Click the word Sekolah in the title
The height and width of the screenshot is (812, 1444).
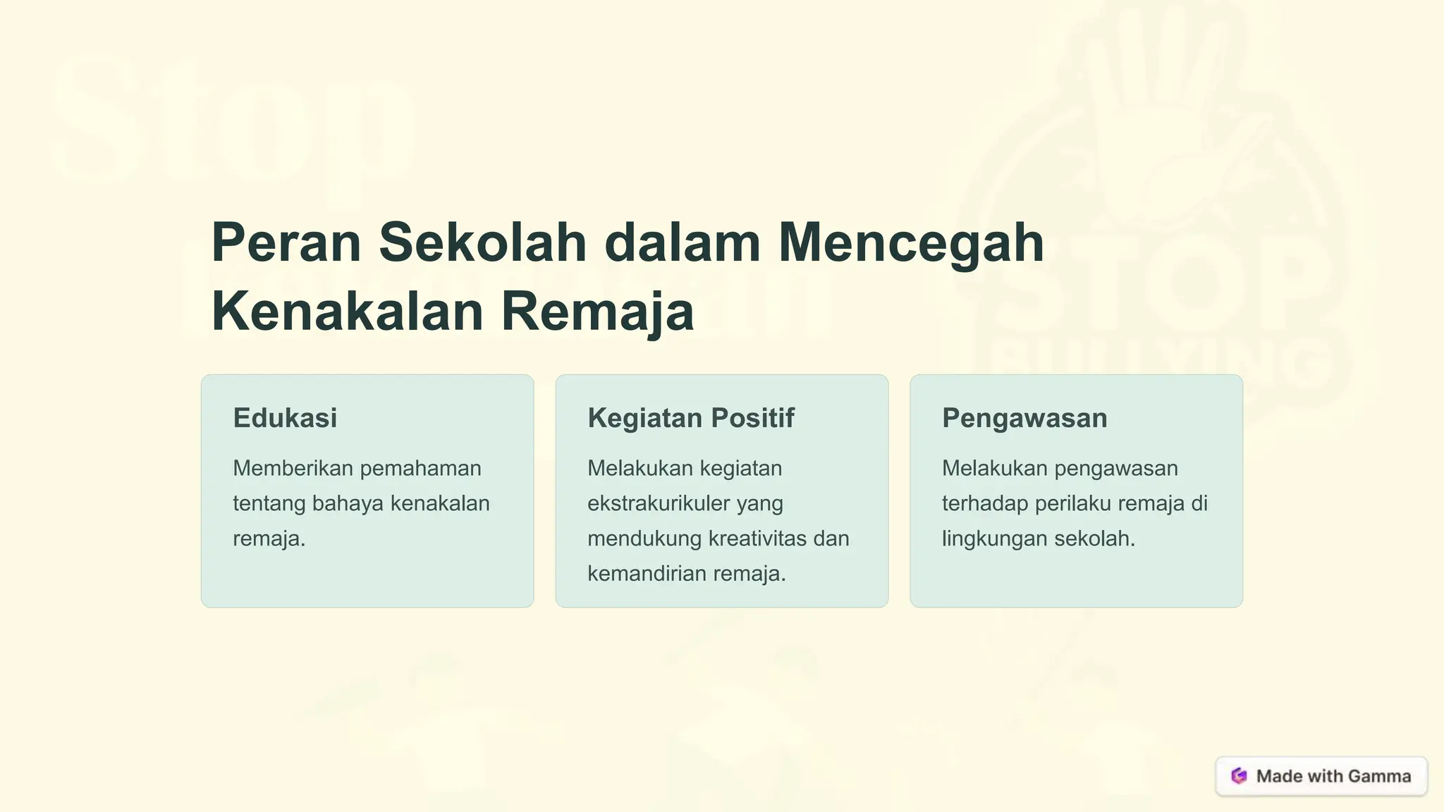(482, 242)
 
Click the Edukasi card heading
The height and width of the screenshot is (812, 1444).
(285, 418)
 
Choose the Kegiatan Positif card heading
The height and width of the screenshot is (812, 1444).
(690, 418)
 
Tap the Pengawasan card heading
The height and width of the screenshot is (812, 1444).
(1024, 419)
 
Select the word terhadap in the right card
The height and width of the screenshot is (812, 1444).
(985, 503)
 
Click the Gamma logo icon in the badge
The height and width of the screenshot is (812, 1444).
(1239, 776)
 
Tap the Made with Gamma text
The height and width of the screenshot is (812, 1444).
(1333, 776)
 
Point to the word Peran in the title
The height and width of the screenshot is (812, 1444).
(286, 242)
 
